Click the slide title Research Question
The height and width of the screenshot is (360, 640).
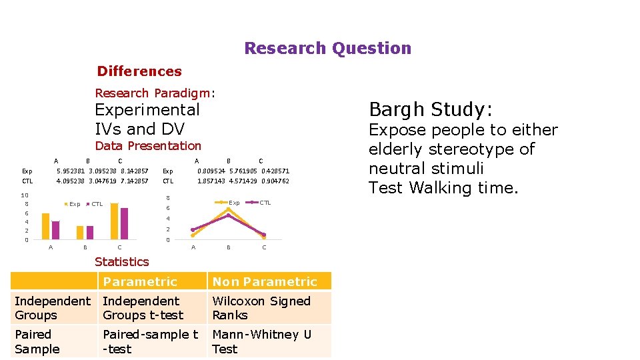click(327, 49)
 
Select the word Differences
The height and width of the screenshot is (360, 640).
click(139, 71)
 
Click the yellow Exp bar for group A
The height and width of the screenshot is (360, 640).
click(46, 226)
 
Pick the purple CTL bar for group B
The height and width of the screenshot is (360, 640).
click(90, 232)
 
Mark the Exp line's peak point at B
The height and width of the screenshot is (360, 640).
click(229, 209)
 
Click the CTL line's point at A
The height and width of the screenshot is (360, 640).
click(193, 229)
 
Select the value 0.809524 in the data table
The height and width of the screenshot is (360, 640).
click(211, 171)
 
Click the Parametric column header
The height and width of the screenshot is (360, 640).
click(140, 282)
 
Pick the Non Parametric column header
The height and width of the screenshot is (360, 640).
click(265, 282)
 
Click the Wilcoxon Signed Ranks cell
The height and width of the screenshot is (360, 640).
click(261, 308)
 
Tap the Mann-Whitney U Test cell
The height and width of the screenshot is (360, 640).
click(261, 341)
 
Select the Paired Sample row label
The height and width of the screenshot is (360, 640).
click(37, 341)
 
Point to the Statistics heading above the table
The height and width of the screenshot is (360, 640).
click(121, 262)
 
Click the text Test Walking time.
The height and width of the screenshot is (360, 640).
click(443, 188)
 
